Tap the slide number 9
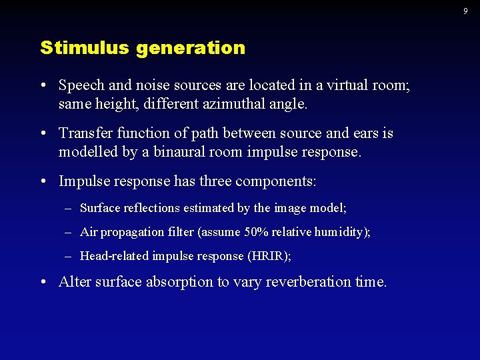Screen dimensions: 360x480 coord(465,10)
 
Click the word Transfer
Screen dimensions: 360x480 coord(85,133)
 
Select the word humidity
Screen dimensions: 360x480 coord(343,232)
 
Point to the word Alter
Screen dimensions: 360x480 coord(75,282)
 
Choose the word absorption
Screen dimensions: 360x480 coord(180,283)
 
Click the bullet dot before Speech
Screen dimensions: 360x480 coord(43,86)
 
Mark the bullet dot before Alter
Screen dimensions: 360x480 coord(43,282)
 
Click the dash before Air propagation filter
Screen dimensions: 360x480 coord(69,232)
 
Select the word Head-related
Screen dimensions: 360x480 coord(114,256)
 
